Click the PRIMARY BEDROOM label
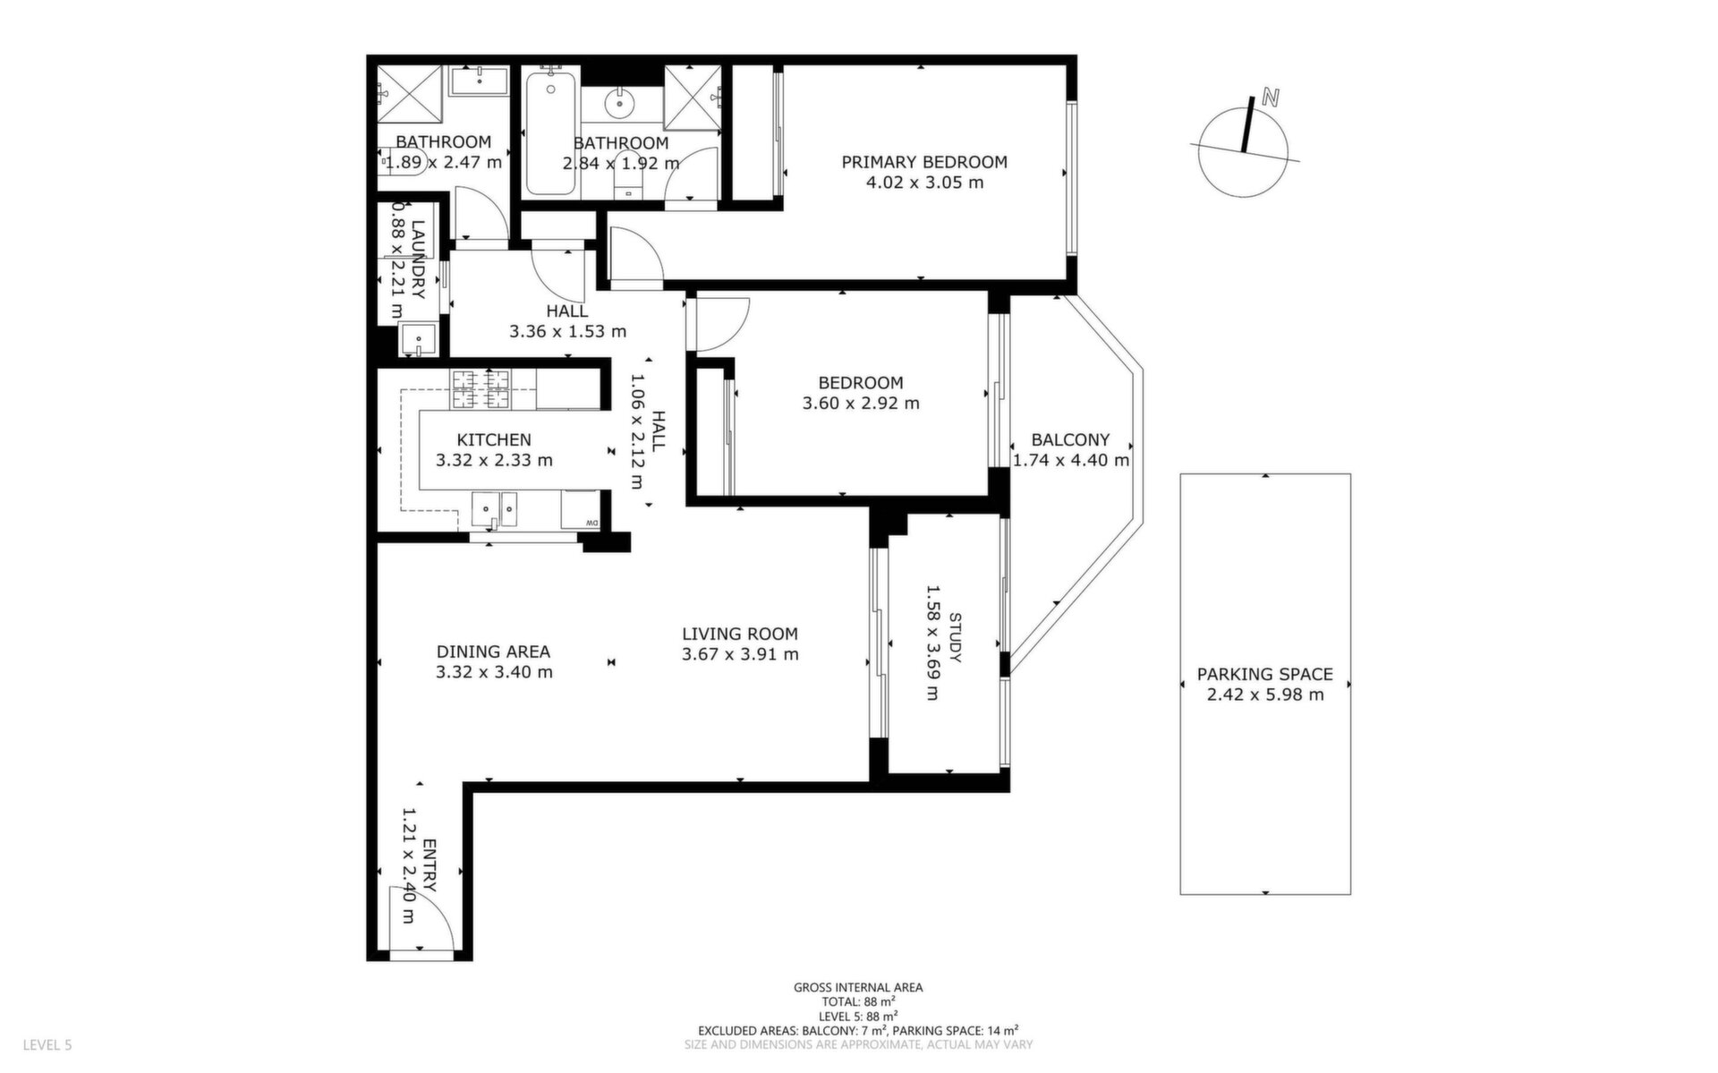pos(924,162)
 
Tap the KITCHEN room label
pos(494,439)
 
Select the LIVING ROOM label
pos(740,634)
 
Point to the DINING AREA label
pos(493,651)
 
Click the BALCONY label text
pos(1070,439)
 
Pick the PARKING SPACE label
pos(1265,674)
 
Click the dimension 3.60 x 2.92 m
pos(861,403)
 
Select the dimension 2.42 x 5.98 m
pos(1265,694)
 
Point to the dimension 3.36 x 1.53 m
pos(567,331)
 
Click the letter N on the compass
pos(1269,97)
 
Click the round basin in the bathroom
pos(621,104)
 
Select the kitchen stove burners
pos(480,389)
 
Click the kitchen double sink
pos(495,511)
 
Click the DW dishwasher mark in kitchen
pos(591,524)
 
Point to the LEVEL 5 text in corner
pos(47,1045)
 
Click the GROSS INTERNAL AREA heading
pos(858,988)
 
